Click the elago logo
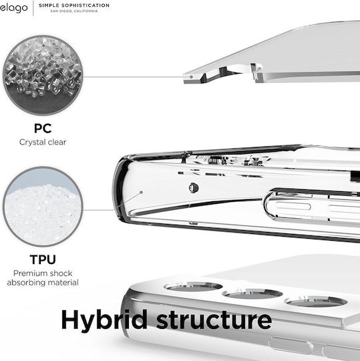[x=14, y=8]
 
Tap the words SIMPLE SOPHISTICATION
[x=74, y=5]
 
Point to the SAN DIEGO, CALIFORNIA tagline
[x=74, y=11]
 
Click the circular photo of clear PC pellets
[x=43, y=75]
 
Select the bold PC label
[x=43, y=128]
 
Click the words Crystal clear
[x=43, y=142]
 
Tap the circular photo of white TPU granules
[x=43, y=207]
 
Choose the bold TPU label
[x=43, y=259]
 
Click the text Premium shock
[x=43, y=273]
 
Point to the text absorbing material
[x=43, y=283]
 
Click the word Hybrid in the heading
[x=104, y=321]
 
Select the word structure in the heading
[x=214, y=320]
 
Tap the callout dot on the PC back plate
[x=191, y=77]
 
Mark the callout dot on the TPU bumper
[x=142, y=192]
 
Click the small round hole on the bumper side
[x=194, y=188]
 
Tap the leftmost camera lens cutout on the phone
[x=193, y=287]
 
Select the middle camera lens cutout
[x=252, y=294]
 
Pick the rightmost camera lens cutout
[x=316, y=302]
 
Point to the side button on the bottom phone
[x=291, y=346]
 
